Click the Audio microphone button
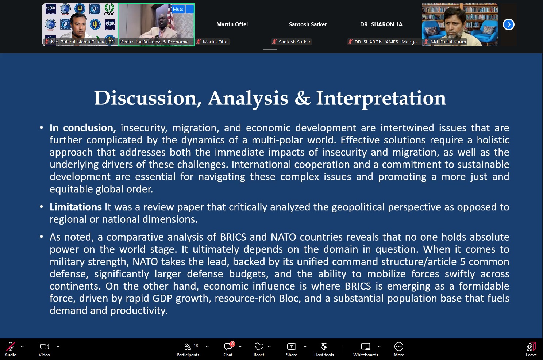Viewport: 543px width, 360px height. point(11,349)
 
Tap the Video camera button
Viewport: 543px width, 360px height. point(44,349)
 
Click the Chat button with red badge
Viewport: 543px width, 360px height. point(228,349)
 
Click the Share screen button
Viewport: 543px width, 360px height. point(291,349)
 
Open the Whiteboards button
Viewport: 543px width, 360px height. point(366,349)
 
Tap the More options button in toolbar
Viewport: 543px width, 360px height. point(399,349)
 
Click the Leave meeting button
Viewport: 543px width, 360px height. point(531,349)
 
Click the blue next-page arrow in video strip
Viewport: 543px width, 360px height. point(509,24)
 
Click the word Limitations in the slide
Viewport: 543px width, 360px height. point(76,207)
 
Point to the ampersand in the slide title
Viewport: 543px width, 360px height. point(303,98)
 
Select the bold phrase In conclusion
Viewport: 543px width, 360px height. point(83,128)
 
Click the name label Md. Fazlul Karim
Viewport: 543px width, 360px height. point(448,42)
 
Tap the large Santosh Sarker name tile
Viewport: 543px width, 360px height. point(308,24)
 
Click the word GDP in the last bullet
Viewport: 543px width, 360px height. point(162,298)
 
